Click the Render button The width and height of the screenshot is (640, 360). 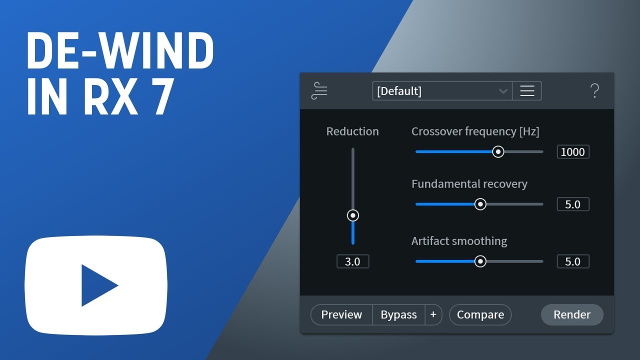(x=572, y=314)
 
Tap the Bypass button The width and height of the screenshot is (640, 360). (x=398, y=314)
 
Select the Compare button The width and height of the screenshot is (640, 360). (x=480, y=314)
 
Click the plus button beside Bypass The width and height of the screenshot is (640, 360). (x=433, y=314)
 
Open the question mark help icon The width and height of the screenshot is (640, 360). (x=595, y=91)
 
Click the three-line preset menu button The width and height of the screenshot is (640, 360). (x=527, y=91)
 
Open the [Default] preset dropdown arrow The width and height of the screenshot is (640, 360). (x=503, y=91)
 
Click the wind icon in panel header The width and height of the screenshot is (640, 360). (x=319, y=91)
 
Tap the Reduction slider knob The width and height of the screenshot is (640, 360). (x=353, y=215)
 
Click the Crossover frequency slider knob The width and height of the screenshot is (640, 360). (x=498, y=151)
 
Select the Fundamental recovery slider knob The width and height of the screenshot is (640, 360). (x=480, y=204)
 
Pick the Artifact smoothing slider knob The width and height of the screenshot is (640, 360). (x=480, y=261)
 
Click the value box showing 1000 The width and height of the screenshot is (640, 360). (x=573, y=151)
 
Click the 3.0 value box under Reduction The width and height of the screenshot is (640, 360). (x=353, y=261)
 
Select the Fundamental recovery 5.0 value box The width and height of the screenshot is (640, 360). (x=573, y=204)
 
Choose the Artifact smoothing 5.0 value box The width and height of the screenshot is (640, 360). (x=573, y=261)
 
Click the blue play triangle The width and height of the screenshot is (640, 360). (x=95, y=285)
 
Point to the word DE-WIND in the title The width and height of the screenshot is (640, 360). (x=120, y=50)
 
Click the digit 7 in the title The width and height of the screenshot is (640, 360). (x=163, y=96)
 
